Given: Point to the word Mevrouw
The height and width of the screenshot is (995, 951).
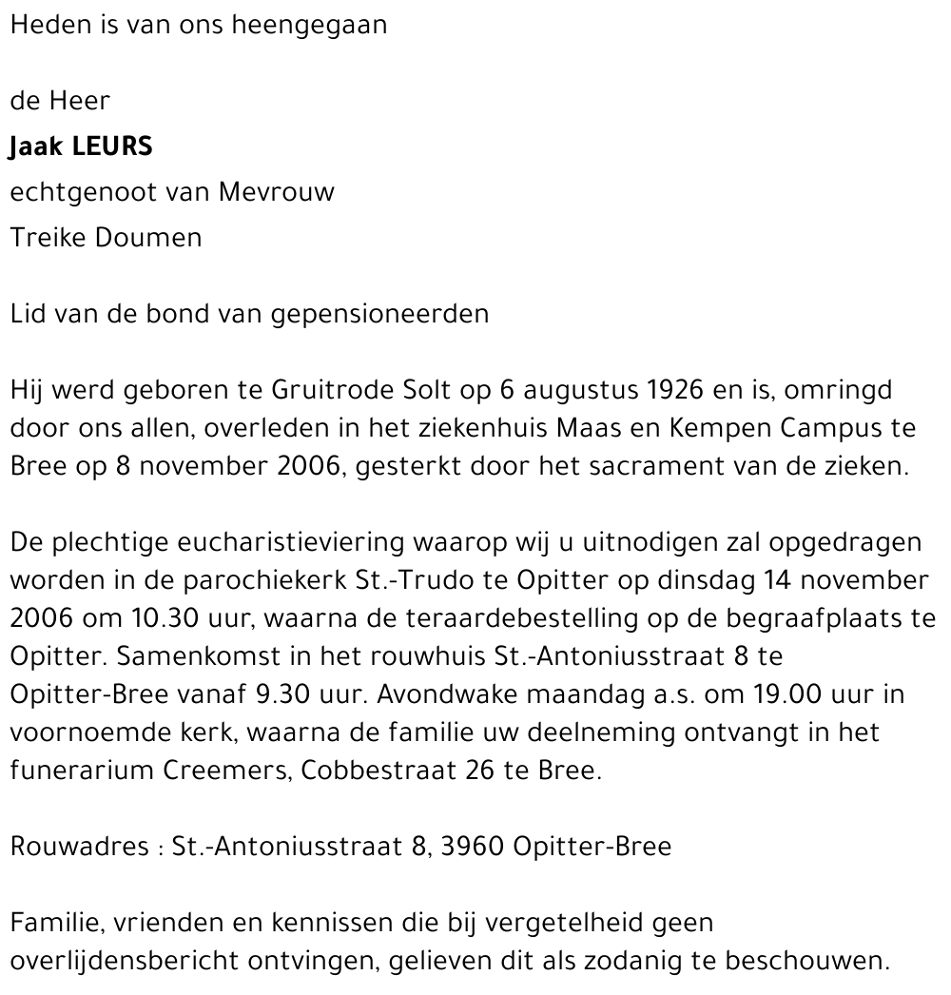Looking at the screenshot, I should [x=277, y=192].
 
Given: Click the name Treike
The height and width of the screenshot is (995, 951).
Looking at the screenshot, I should [x=49, y=237].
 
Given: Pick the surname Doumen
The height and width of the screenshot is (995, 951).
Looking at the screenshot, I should [x=149, y=237].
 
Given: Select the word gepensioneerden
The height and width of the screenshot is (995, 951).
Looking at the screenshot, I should [x=380, y=314].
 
